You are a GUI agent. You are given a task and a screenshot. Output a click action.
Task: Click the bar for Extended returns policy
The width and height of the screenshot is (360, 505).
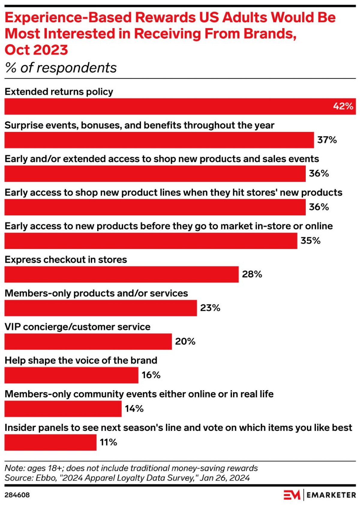point(180,106)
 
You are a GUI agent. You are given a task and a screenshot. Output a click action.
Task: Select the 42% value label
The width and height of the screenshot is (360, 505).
point(343,106)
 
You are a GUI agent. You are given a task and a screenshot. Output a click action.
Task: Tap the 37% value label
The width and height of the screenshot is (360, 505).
point(327,140)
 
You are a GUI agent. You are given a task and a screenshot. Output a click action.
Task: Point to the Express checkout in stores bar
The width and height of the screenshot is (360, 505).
point(121,274)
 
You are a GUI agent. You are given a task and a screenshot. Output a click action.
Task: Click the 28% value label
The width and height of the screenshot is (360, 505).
point(252,274)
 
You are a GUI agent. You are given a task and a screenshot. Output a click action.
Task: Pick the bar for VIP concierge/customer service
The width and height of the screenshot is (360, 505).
point(88,342)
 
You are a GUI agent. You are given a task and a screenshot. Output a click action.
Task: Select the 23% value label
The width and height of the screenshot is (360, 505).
point(210,308)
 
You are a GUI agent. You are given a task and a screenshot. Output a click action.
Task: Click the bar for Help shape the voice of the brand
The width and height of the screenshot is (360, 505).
point(71,375)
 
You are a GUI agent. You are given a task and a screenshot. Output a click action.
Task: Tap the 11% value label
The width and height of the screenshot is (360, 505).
point(109,442)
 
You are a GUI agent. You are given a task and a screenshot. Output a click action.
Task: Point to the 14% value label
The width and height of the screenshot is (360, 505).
point(134,409)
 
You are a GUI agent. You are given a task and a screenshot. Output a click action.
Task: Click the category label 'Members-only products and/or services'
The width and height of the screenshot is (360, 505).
point(96,293)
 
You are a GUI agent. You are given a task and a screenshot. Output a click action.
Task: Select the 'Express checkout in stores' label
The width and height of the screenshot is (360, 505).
point(66,260)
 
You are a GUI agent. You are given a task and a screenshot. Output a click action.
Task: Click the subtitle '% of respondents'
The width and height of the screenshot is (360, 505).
point(61,68)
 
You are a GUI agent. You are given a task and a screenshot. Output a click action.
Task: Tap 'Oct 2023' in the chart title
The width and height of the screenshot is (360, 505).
point(36,50)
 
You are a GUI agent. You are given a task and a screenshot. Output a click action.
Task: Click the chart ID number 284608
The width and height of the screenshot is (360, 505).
point(17,495)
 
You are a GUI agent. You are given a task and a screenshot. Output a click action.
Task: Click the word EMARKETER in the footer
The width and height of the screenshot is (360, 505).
point(331,495)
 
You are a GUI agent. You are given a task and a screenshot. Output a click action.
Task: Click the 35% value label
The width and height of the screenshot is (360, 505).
point(310,241)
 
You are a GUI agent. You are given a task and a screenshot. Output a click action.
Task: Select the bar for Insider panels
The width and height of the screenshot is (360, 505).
point(50,442)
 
